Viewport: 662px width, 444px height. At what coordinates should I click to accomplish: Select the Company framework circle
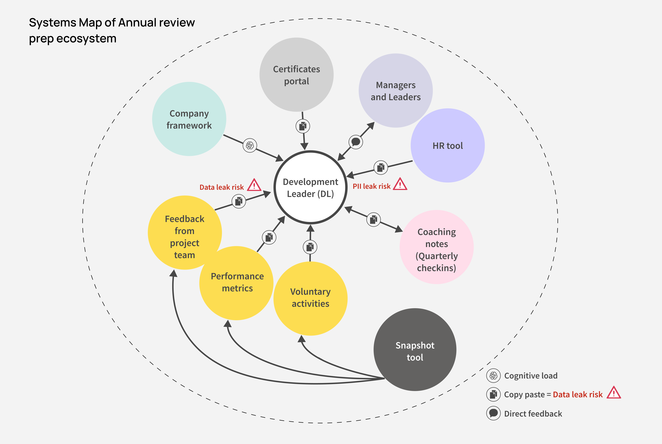[189, 119]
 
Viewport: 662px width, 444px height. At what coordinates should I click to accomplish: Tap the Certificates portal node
[296, 75]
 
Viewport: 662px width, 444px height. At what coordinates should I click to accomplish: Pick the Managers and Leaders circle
[395, 91]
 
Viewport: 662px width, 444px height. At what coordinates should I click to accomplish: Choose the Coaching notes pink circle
[436, 247]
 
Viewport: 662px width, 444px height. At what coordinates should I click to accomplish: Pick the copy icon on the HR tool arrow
[381, 167]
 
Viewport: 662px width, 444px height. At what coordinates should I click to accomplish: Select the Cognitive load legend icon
[493, 375]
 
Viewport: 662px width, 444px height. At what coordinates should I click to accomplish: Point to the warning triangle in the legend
[614, 393]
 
